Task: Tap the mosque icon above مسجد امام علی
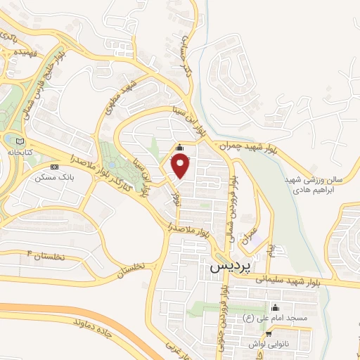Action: click(x=274, y=308)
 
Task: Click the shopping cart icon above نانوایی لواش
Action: click(x=271, y=335)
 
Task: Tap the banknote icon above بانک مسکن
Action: click(x=54, y=167)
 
